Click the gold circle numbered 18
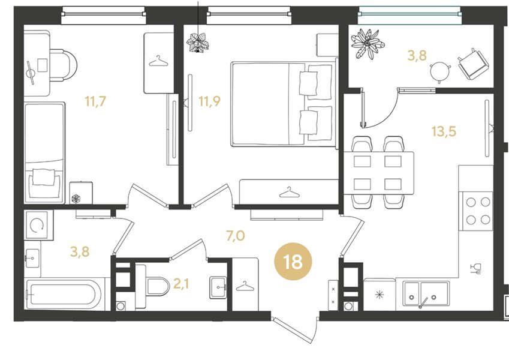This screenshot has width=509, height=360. (293, 262)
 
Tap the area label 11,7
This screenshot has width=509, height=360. (95, 101)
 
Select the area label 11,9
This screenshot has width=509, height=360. (209, 101)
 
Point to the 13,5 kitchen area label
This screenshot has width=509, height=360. (444, 131)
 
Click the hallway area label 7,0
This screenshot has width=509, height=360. (236, 236)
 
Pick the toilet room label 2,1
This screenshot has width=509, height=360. (181, 284)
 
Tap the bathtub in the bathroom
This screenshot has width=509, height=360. (64, 295)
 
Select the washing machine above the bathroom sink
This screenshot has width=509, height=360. (38, 225)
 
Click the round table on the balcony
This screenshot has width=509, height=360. (441, 71)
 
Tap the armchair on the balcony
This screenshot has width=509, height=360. (473, 64)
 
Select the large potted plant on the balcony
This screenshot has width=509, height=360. (368, 44)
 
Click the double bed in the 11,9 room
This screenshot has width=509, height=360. (284, 104)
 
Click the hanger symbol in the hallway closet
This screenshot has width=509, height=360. (245, 286)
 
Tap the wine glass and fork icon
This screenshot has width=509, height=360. (475, 268)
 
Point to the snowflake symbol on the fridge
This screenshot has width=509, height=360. (379, 295)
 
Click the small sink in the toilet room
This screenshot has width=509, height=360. (218, 287)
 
